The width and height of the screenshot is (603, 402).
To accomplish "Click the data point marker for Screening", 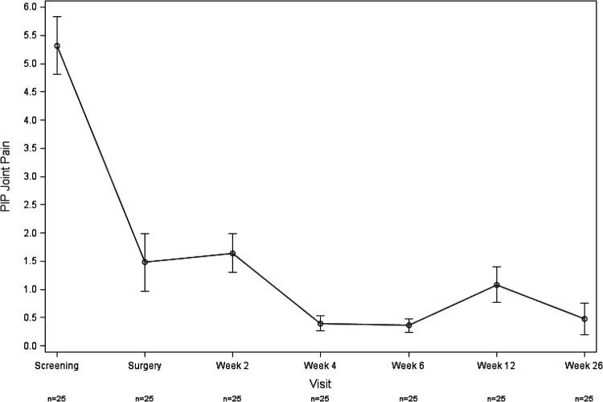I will pyautogui.click(x=57, y=46).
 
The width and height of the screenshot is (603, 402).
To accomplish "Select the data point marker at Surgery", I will pyautogui.click(x=145, y=262).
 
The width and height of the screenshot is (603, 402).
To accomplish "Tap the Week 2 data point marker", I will pyautogui.click(x=232, y=253).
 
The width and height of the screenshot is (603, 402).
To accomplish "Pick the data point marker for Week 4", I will pyautogui.click(x=321, y=324).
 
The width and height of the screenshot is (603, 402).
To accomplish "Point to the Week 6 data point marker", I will pyautogui.click(x=408, y=325).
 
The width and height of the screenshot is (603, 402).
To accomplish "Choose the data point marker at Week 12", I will pyautogui.click(x=497, y=285).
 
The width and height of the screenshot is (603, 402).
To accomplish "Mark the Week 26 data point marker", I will pyautogui.click(x=585, y=319).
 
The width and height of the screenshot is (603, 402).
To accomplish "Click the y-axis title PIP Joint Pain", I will pyautogui.click(x=7, y=176).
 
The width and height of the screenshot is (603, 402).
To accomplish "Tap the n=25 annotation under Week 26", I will pyautogui.click(x=585, y=396).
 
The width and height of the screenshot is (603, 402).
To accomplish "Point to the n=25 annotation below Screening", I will pyautogui.click(x=57, y=396).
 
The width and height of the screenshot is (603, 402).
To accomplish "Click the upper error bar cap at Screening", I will pyautogui.click(x=57, y=16).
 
